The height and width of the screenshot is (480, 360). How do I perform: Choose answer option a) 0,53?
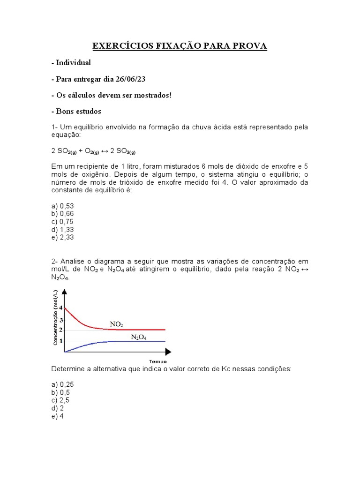pos(63,206)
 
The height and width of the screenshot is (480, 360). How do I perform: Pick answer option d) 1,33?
pos(63,230)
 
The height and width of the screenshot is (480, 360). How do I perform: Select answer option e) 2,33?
pos(63,238)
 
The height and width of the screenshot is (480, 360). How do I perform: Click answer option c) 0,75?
pos(63,222)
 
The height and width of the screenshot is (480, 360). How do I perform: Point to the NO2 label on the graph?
pos(116,324)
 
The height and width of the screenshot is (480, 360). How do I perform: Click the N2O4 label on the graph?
pos(138,337)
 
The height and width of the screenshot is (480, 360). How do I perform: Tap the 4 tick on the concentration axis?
pos(60,308)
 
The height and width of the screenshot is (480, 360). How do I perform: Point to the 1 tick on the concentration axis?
pos(60,341)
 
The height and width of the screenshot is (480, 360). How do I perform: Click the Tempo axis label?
pos(158,361)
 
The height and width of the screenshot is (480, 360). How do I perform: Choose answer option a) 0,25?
pos(63,384)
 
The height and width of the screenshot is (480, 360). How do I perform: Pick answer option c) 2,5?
pos(61,400)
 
